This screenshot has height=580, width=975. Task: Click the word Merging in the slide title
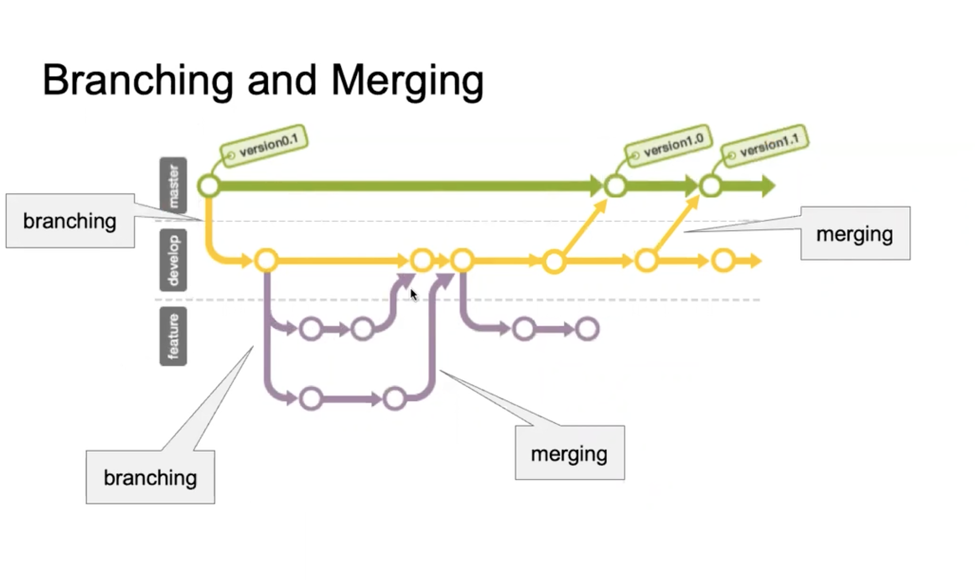click(x=407, y=81)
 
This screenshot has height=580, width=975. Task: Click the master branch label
click(x=173, y=186)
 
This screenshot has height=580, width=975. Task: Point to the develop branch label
click(x=173, y=260)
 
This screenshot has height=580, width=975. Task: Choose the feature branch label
click(x=173, y=336)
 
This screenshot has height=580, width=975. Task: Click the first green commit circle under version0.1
click(x=209, y=186)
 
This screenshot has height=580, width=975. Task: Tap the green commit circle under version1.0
click(x=615, y=186)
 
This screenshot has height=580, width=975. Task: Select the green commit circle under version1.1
click(x=711, y=186)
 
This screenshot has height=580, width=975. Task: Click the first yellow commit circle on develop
click(x=266, y=260)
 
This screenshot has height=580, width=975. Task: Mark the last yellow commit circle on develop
click(x=723, y=260)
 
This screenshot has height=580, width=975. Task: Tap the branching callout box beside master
click(x=70, y=221)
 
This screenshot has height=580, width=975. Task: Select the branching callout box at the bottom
click(x=150, y=477)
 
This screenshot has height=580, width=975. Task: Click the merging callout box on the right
click(x=855, y=233)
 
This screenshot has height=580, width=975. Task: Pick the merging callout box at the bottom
click(x=569, y=453)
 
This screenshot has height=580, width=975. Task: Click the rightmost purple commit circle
click(x=587, y=329)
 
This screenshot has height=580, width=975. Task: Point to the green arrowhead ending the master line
click(x=768, y=186)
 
